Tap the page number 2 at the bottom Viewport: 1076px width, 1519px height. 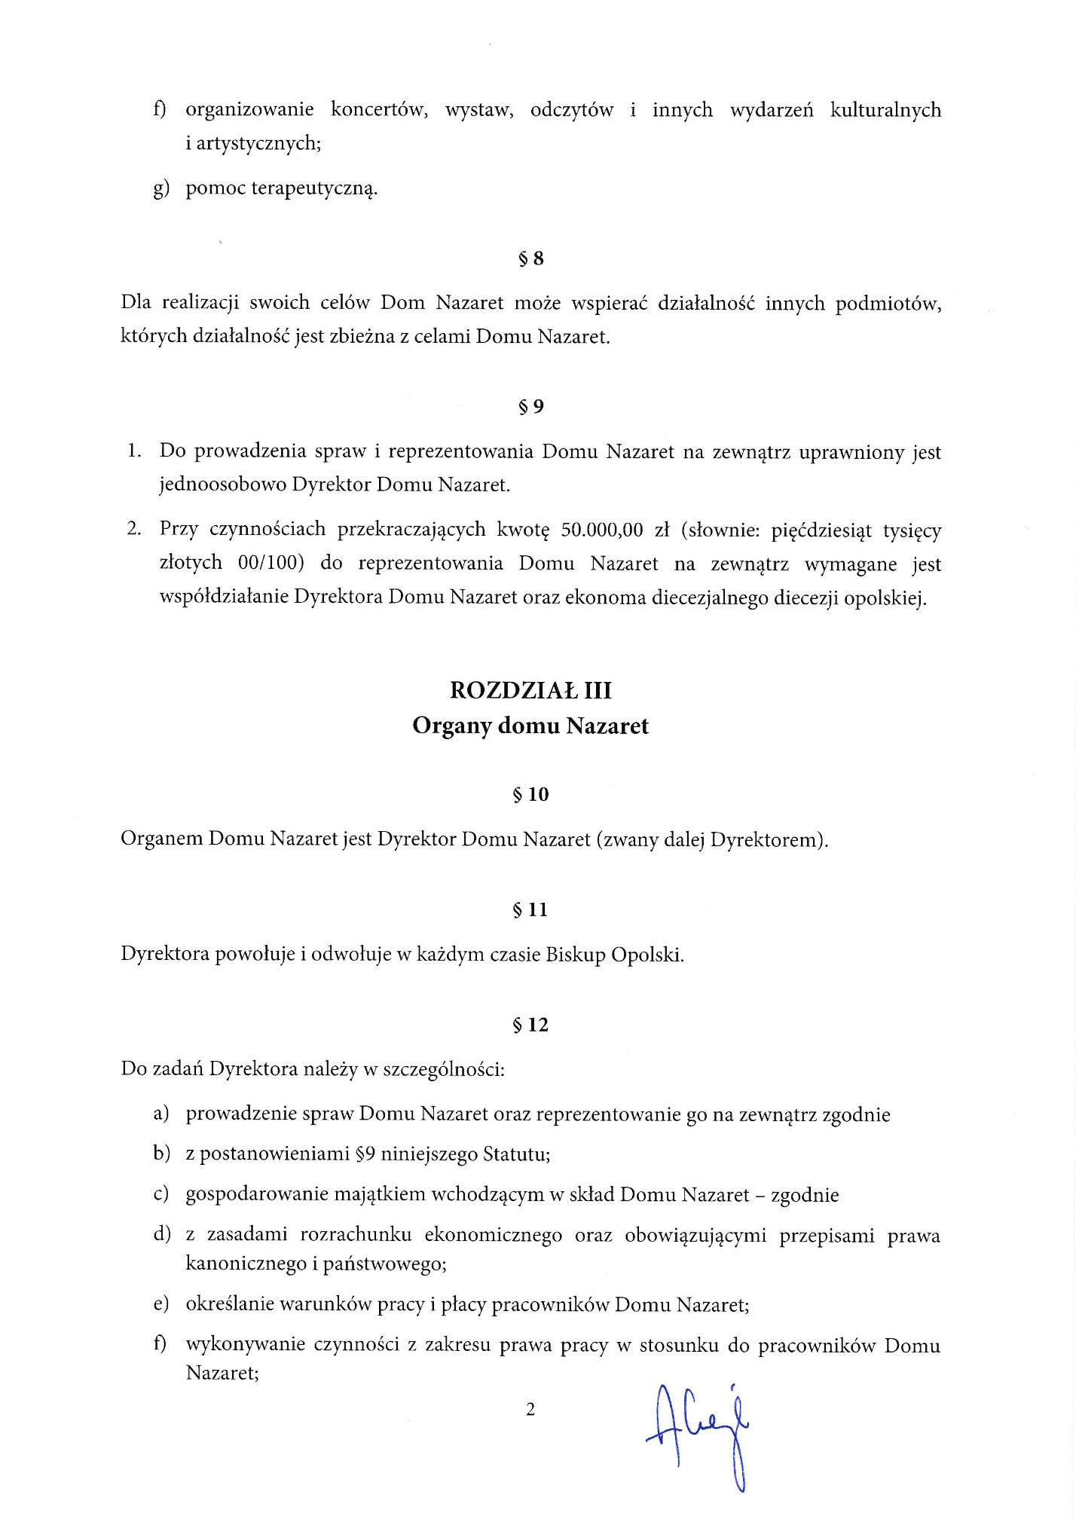[x=530, y=1409]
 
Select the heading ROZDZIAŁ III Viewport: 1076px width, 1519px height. [x=530, y=690]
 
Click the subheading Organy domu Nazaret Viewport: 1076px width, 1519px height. [x=530, y=726]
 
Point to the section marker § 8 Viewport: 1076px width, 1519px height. [x=531, y=258]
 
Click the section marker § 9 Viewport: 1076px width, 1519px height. [x=531, y=407]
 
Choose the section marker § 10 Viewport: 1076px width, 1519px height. [x=531, y=794]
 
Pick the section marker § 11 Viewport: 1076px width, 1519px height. [x=531, y=909]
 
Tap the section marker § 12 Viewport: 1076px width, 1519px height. [x=531, y=1025]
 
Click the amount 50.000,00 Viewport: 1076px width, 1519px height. [x=602, y=530]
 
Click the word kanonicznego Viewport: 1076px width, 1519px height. [x=246, y=1264]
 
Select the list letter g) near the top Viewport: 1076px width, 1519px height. [x=161, y=188]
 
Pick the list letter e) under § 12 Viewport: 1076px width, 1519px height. [x=160, y=1304]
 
